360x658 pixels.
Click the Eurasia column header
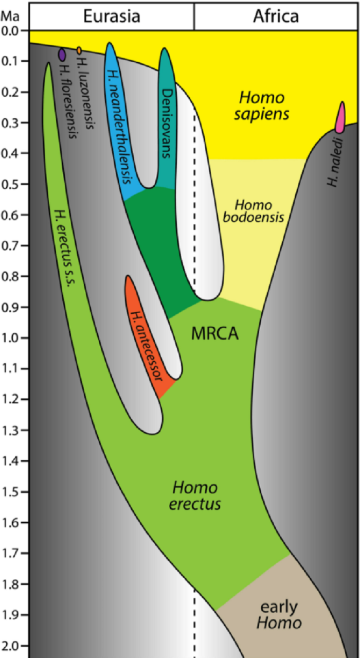tap(112, 16)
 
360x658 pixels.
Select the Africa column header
tap(276, 16)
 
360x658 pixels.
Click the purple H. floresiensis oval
tap(62, 54)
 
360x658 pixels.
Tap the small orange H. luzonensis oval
tap(79, 50)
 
